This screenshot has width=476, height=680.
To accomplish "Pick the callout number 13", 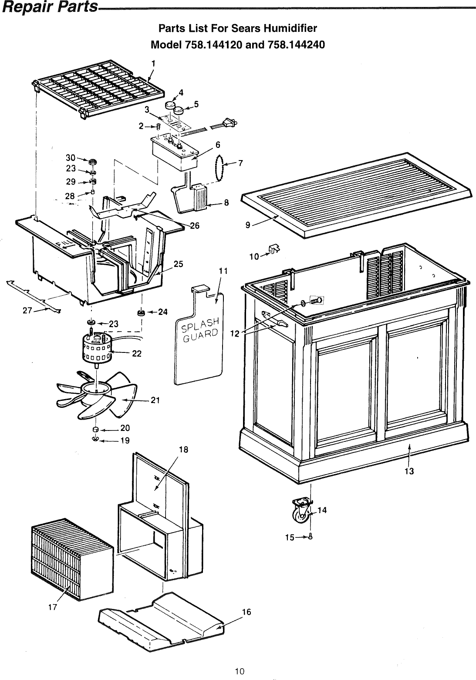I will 409,471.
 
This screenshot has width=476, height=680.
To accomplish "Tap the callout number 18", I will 183,450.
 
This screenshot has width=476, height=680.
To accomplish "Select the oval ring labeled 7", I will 221,166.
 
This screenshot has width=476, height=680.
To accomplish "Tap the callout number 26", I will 195,226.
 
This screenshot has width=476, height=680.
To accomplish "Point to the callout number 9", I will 248,226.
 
